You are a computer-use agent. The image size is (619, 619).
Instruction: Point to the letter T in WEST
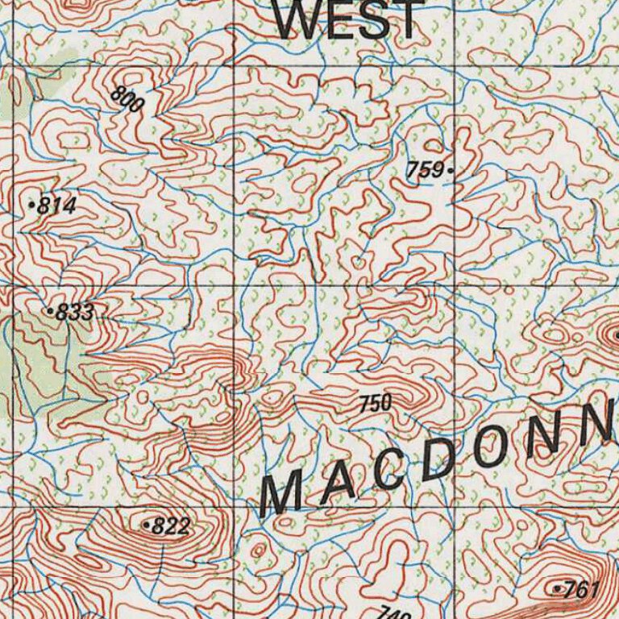tap(409, 19)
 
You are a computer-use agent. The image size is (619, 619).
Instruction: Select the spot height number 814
tap(56, 206)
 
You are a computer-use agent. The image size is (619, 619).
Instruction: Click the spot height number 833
tap(75, 313)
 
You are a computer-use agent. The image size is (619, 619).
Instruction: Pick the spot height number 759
tap(426, 170)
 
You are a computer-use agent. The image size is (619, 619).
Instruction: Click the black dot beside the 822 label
tap(146, 526)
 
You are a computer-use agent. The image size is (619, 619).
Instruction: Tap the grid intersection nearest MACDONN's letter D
tap(456, 506)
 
